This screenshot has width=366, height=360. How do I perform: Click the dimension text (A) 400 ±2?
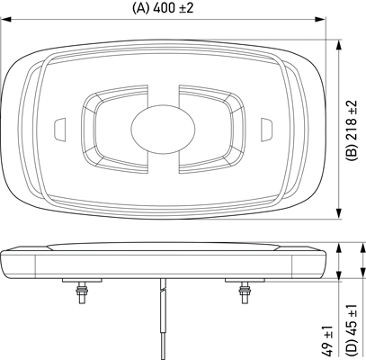tap(165, 8)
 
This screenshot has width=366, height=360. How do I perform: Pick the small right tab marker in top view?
tap(265, 127)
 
